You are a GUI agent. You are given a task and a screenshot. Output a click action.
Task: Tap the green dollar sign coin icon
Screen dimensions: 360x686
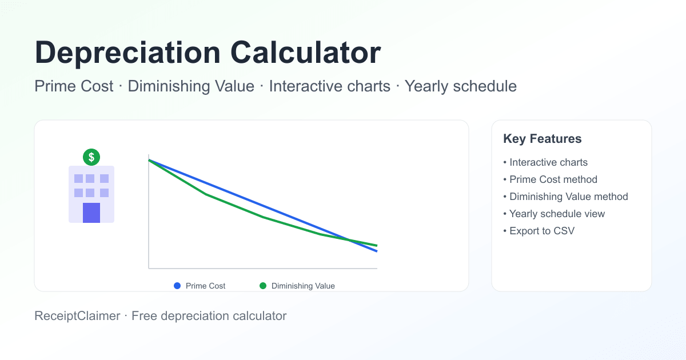(x=91, y=157)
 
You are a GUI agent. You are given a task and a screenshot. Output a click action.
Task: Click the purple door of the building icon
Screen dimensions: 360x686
(x=91, y=213)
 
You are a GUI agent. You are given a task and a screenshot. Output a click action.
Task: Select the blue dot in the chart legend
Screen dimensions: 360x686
(x=177, y=286)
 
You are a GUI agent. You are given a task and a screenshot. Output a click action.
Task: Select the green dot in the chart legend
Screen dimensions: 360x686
(x=263, y=286)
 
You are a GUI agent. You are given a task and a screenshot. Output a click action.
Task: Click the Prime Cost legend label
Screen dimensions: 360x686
(x=205, y=286)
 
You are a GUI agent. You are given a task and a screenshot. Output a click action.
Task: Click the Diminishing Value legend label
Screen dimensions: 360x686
(x=303, y=286)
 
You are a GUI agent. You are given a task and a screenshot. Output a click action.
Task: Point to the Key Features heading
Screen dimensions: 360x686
(x=542, y=139)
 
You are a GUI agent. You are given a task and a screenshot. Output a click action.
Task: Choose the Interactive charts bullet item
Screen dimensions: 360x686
(x=548, y=162)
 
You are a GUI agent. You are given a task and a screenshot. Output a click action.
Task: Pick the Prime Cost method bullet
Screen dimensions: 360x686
(x=553, y=179)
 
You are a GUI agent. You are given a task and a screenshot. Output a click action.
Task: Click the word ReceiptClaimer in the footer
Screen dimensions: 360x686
(x=77, y=315)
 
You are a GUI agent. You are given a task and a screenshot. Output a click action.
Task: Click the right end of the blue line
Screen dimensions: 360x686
(x=377, y=251)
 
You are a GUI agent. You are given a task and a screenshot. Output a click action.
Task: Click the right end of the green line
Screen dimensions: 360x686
(x=377, y=246)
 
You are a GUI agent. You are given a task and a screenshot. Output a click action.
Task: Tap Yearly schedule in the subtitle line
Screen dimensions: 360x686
(x=460, y=86)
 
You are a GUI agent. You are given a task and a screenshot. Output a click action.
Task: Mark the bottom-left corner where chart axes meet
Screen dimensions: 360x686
(x=149, y=268)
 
